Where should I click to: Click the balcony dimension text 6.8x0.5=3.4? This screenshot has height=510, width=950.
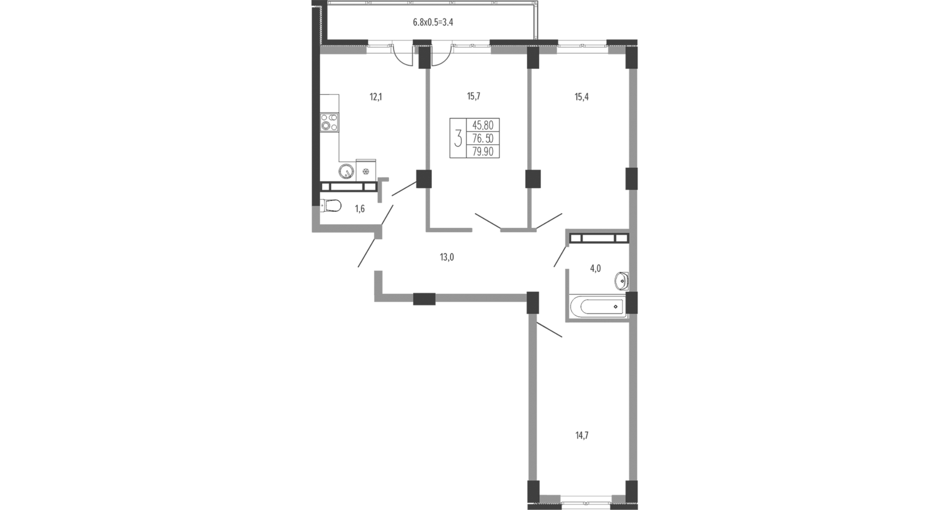tap(433, 22)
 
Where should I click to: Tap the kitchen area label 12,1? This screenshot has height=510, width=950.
tap(376, 97)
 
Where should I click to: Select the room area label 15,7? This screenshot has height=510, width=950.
tap(474, 96)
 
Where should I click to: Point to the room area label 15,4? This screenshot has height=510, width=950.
tap(582, 97)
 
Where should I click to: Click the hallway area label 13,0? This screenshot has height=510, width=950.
tap(447, 257)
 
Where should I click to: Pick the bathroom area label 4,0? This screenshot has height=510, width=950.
tap(595, 268)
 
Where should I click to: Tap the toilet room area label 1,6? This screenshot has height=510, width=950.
tap(360, 209)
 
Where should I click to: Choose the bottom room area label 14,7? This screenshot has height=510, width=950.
tap(582, 435)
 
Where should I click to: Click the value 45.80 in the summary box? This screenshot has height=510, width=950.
tap(483, 125)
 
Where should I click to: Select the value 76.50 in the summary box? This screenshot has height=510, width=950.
tap(483, 138)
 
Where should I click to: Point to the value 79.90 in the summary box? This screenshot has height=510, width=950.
tap(483, 151)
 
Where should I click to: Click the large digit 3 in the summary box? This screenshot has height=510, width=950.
tap(458, 138)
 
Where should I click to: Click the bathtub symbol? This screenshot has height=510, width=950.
tap(597, 307)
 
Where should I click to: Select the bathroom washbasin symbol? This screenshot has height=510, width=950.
tap(622, 281)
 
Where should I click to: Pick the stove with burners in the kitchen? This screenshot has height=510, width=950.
tap(329, 122)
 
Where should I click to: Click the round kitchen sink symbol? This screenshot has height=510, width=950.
tap(347, 171)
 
